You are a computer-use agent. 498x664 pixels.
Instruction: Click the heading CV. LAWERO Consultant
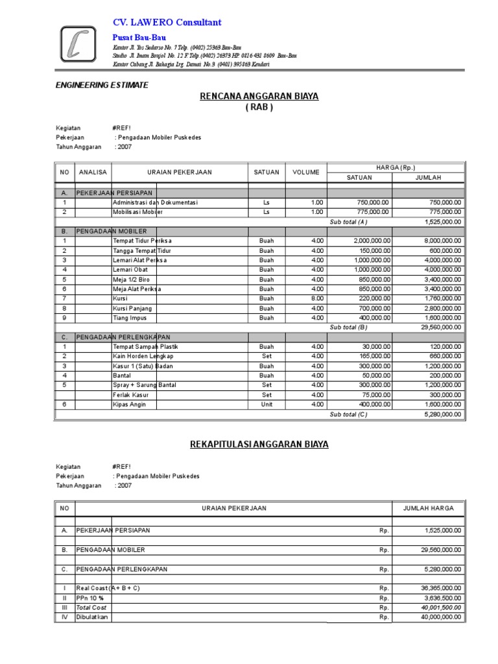pos(167,23)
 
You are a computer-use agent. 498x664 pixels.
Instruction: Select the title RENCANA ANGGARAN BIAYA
pos(259,97)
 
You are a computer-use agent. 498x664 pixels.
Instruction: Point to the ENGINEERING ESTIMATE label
pos(102,85)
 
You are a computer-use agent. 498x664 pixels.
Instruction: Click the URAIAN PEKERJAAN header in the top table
pos(179,172)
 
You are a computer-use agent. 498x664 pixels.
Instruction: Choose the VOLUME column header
pos(305,172)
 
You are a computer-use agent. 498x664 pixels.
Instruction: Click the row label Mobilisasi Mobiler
pos(137,212)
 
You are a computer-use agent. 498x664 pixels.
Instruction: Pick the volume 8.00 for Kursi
pos(316,299)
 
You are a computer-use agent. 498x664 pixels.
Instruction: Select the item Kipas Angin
pos(129,405)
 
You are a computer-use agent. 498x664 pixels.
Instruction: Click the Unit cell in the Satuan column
pos(266,405)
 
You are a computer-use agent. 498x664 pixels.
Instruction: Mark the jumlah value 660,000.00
pos(446,357)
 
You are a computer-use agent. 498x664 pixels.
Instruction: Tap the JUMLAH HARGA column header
pos(429,508)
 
